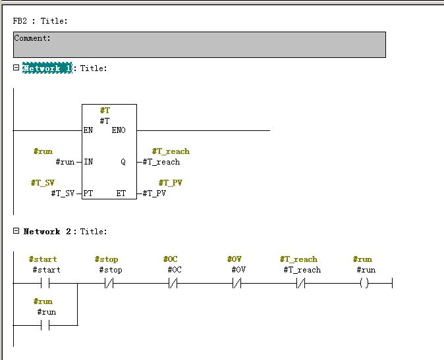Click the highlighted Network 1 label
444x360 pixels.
tap(47, 68)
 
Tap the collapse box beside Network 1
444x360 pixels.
tap(16, 68)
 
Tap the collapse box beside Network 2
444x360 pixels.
tap(16, 231)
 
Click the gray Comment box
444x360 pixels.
tap(199, 45)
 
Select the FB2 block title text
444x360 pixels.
tap(40, 21)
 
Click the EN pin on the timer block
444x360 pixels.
tap(88, 130)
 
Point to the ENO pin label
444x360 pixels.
tap(119, 130)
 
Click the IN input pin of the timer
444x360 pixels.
tap(88, 162)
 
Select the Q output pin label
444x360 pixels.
tap(123, 162)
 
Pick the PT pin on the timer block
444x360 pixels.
tap(88, 193)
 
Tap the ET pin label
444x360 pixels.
tap(121, 193)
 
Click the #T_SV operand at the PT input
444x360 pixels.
tap(63, 193)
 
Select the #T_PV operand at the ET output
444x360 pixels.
tap(154, 193)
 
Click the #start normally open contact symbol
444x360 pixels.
tap(45, 284)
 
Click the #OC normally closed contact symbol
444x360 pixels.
tap(174, 284)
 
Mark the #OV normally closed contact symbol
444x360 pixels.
tap(238, 284)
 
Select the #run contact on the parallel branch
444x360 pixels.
tap(45, 325)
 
